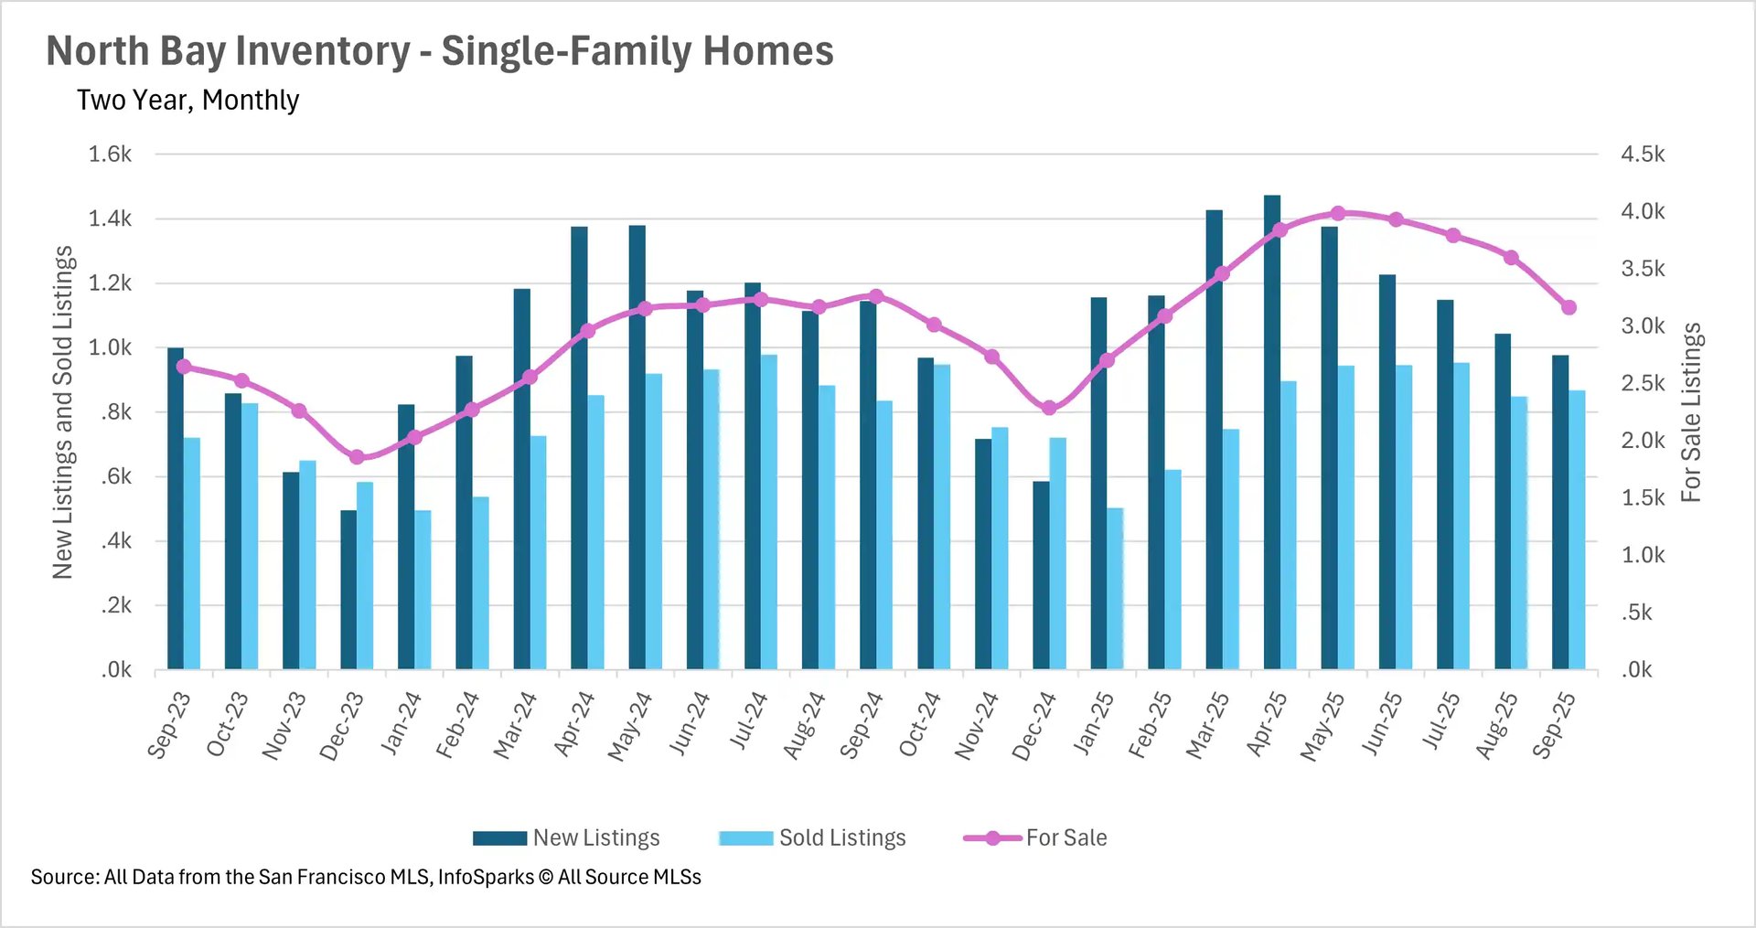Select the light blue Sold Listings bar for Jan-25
1115,589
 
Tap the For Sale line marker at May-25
1338,213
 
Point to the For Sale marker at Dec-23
358,457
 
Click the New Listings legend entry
567,837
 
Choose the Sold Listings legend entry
813,837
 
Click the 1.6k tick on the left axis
110,154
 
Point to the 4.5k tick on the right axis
1643,154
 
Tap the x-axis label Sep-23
169,725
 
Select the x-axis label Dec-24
1034,725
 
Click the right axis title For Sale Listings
1691,411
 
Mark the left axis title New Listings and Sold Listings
62,411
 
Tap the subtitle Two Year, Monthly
187,100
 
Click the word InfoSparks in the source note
486,877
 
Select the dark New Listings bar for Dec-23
348,590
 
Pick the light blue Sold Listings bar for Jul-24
769,512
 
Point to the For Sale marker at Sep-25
1569,307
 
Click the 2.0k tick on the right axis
1643,441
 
